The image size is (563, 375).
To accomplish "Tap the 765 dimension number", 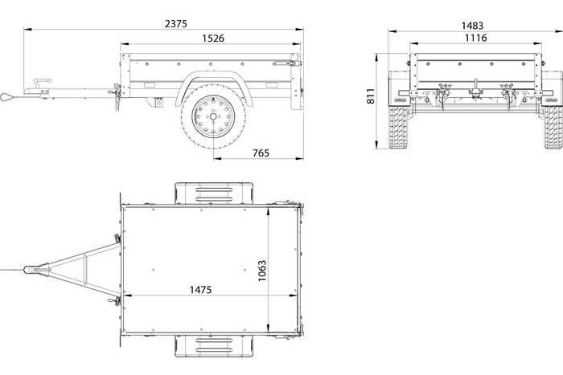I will click(261, 153).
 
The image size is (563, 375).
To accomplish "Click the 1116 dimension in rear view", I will click(475, 38).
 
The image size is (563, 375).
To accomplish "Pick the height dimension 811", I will click(371, 97).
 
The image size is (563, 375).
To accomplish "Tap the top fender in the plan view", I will click(213, 193).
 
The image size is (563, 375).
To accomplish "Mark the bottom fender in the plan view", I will click(213, 347).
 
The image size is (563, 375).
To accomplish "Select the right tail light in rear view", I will click(550, 94).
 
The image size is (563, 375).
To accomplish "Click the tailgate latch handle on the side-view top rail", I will click(286, 63).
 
